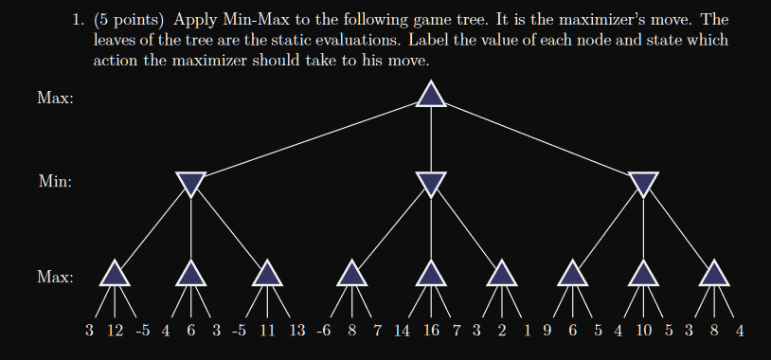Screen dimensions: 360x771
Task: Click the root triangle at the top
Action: click(431, 94)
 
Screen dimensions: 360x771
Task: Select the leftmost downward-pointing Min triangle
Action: click(191, 183)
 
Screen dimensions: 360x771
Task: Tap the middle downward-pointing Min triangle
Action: click(431, 183)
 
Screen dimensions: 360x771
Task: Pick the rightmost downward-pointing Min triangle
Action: click(643, 183)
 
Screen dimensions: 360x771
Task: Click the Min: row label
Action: click(55, 181)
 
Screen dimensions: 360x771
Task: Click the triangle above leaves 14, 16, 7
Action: click(431, 273)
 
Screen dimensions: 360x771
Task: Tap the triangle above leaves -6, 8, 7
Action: click(352, 273)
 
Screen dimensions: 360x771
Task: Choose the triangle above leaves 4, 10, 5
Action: click(643, 273)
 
